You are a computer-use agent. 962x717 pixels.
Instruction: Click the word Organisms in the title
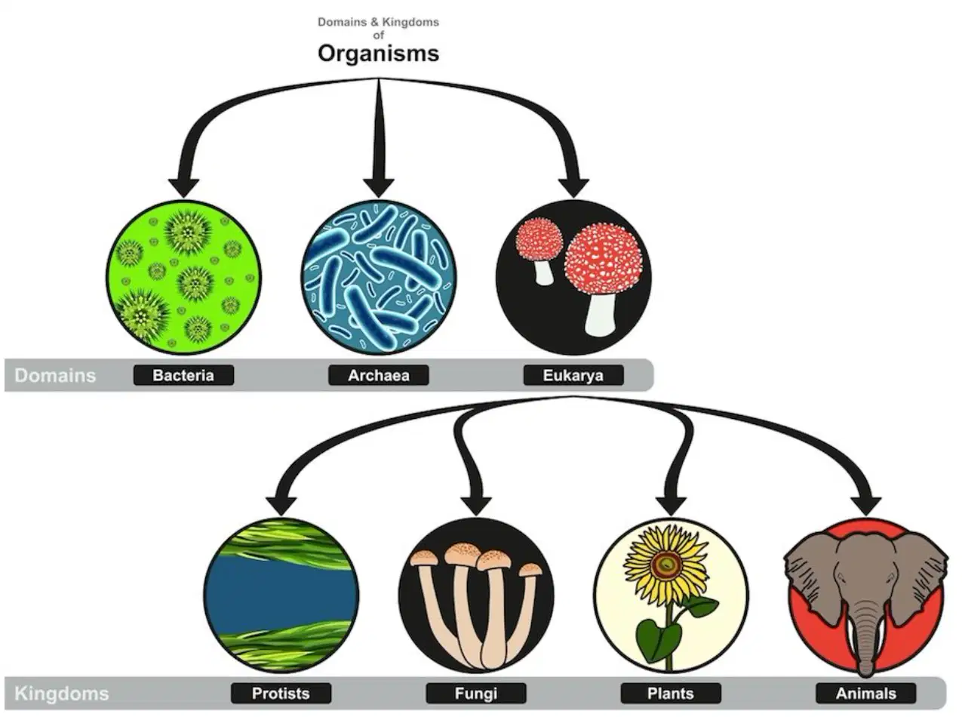378,54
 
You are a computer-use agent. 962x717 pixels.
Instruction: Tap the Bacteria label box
183,375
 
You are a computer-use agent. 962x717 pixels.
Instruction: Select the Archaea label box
379,375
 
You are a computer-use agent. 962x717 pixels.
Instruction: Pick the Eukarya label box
573,375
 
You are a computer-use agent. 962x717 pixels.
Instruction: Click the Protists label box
281,693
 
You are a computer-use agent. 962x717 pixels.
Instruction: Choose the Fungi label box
476,693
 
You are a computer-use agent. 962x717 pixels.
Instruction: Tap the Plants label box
671,693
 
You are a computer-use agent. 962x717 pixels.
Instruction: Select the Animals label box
866,693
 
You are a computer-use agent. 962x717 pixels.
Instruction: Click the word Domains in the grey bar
55,375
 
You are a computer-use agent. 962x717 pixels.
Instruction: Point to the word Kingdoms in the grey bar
62,694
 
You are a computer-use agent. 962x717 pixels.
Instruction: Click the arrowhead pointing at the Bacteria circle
183,187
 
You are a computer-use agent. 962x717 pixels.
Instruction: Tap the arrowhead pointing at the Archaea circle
379,187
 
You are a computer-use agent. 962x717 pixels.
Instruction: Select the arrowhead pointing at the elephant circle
865,506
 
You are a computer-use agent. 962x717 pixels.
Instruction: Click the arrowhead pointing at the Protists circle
281,506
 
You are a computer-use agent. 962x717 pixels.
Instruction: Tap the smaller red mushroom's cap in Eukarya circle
539,239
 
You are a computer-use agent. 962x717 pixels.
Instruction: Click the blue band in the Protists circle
281,595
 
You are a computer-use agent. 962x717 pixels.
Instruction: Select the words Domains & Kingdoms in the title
378,22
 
